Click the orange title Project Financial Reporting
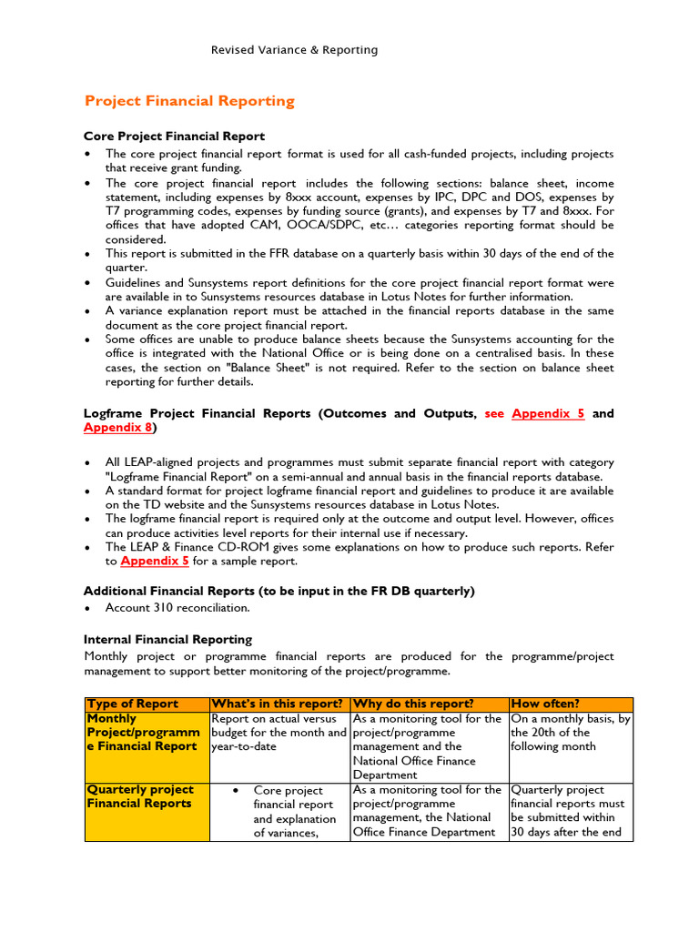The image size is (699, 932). tap(189, 101)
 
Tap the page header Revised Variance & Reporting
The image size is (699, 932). tap(294, 50)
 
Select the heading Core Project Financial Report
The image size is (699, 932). tap(175, 137)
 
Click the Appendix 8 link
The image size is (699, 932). tap(118, 428)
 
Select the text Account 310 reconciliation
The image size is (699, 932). tap(177, 607)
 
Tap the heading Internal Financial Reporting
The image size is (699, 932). tap(167, 640)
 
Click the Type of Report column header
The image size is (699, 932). tap(132, 704)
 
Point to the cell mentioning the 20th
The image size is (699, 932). tap(570, 733)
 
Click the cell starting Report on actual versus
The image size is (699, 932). tap(279, 733)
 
